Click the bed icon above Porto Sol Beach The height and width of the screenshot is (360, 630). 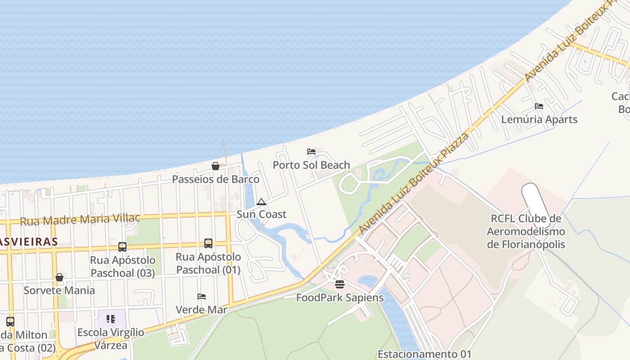(x=311, y=152)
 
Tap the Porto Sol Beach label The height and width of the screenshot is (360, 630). (x=311, y=165)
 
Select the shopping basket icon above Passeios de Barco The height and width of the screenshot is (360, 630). (x=216, y=166)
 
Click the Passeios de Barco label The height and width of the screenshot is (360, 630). (x=216, y=179)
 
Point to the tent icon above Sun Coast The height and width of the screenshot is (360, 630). (x=261, y=202)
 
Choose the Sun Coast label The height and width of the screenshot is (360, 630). (x=261, y=214)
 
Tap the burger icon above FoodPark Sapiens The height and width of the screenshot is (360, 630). (x=340, y=284)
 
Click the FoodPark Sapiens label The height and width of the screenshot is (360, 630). (x=340, y=297)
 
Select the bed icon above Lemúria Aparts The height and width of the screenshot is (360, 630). (x=539, y=106)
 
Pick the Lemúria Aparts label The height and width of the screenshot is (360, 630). (x=539, y=119)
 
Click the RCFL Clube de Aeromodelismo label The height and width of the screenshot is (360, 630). (x=526, y=231)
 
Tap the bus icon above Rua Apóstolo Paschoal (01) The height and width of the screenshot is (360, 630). (x=208, y=243)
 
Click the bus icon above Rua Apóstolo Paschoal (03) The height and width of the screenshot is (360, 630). (x=122, y=247)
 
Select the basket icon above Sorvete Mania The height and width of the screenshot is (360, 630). (x=59, y=277)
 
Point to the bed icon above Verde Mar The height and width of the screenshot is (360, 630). (x=202, y=297)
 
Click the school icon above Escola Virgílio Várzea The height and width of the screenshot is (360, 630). (x=111, y=319)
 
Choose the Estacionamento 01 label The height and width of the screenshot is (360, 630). (x=424, y=354)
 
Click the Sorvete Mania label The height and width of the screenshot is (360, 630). (x=59, y=290)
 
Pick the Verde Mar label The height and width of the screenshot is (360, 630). (x=201, y=310)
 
